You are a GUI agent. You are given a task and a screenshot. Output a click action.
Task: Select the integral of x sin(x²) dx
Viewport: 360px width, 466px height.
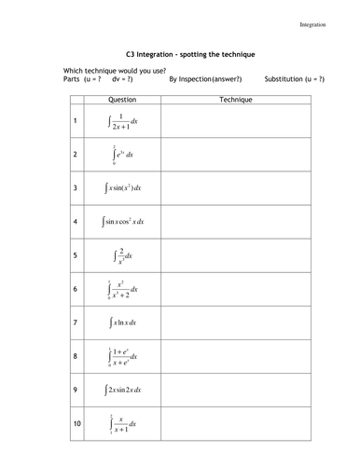122,188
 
